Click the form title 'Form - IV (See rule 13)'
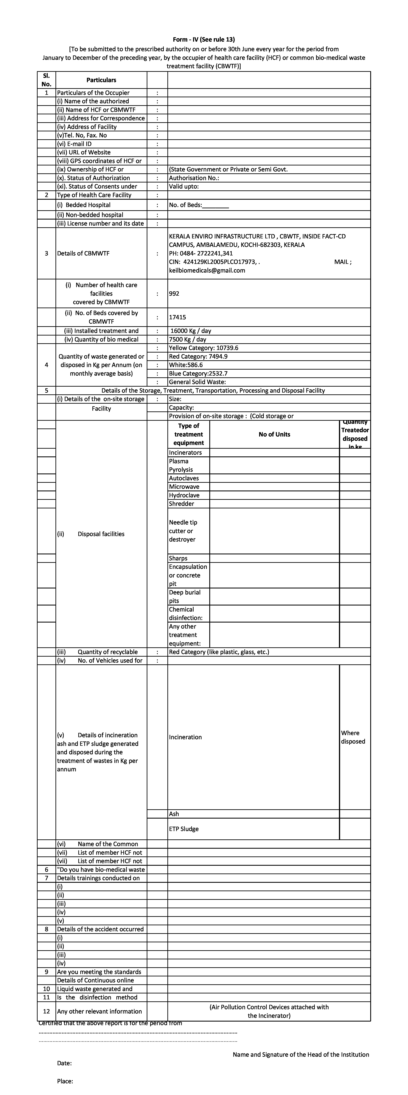pos(204,39)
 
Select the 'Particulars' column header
pos(101,80)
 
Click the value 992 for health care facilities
pos(174,293)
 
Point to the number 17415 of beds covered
pos(177,317)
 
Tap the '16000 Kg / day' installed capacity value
pos(191,331)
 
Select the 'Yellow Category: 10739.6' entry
pos(203,348)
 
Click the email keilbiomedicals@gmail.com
pos(207,270)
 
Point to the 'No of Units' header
pos(274,434)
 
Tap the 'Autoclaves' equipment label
pos(184,478)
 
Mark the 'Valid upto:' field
pos(184,186)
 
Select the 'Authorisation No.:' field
pos(194,178)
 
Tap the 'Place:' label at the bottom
pos(65,1081)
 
